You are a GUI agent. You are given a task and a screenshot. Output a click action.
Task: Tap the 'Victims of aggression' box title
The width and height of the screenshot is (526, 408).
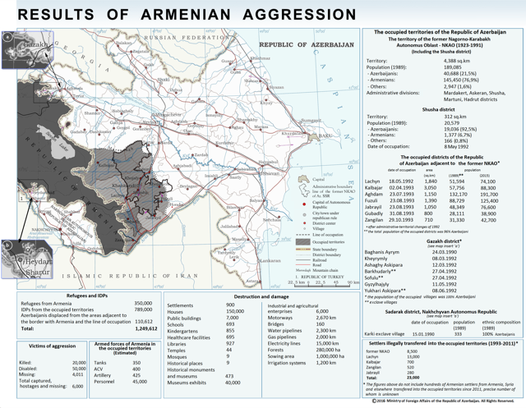46,346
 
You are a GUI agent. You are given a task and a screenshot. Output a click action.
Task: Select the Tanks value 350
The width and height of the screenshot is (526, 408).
136,362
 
